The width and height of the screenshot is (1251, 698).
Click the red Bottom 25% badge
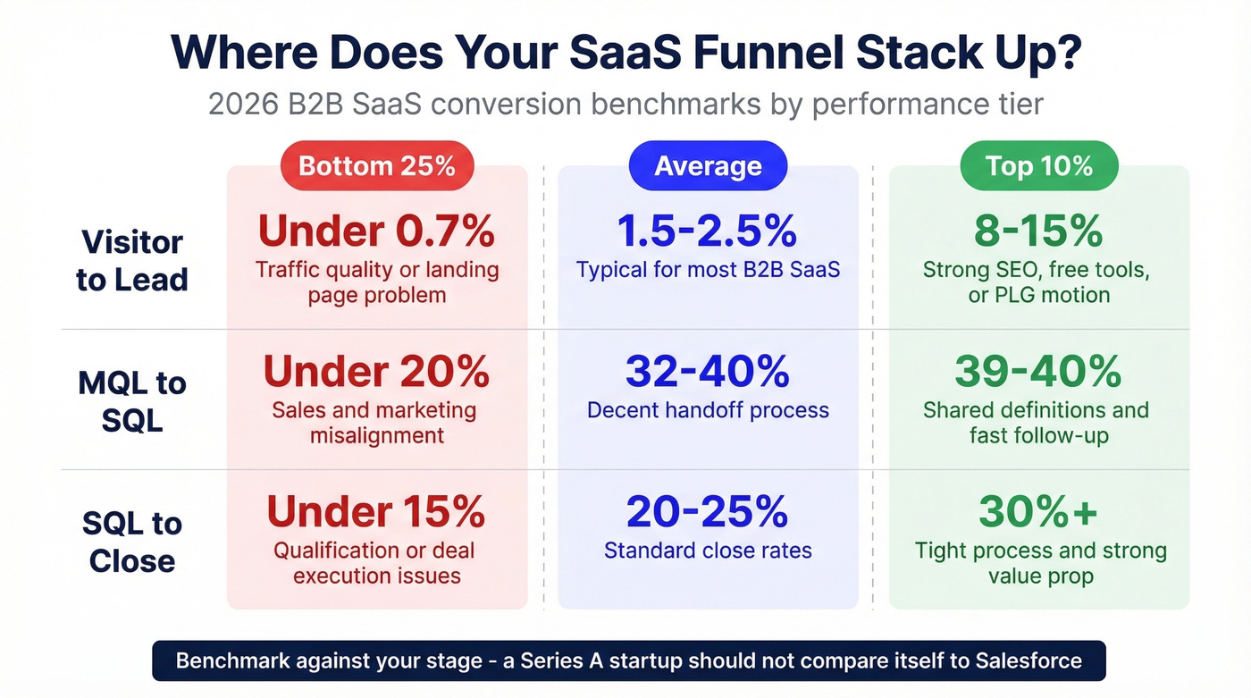[x=376, y=166]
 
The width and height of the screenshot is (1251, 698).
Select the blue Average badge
[x=708, y=166]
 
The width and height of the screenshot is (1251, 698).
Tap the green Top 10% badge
[x=1038, y=166]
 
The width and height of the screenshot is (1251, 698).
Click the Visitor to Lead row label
[x=132, y=261]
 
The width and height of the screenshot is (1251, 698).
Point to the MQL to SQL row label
[x=132, y=401]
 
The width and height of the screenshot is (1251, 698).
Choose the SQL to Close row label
[x=132, y=542]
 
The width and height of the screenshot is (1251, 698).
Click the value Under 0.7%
[x=376, y=231]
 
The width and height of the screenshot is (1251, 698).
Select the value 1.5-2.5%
[x=708, y=231]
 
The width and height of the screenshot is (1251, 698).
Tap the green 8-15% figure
[x=1039, y=231]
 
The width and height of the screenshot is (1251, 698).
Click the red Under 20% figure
[x=376, y=372]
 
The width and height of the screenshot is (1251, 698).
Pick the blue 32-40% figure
[x=708, y=372]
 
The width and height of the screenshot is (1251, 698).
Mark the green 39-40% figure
[x=1037, y=372]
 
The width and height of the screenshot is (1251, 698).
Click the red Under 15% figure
[x=376, y=512]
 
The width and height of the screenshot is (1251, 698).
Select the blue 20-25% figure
[x=708, y=512]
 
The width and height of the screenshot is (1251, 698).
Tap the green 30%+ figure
[x=1039, y=512]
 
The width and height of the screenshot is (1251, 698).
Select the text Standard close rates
[x=708, y=551]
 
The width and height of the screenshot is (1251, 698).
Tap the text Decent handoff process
[x=708, y=410]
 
